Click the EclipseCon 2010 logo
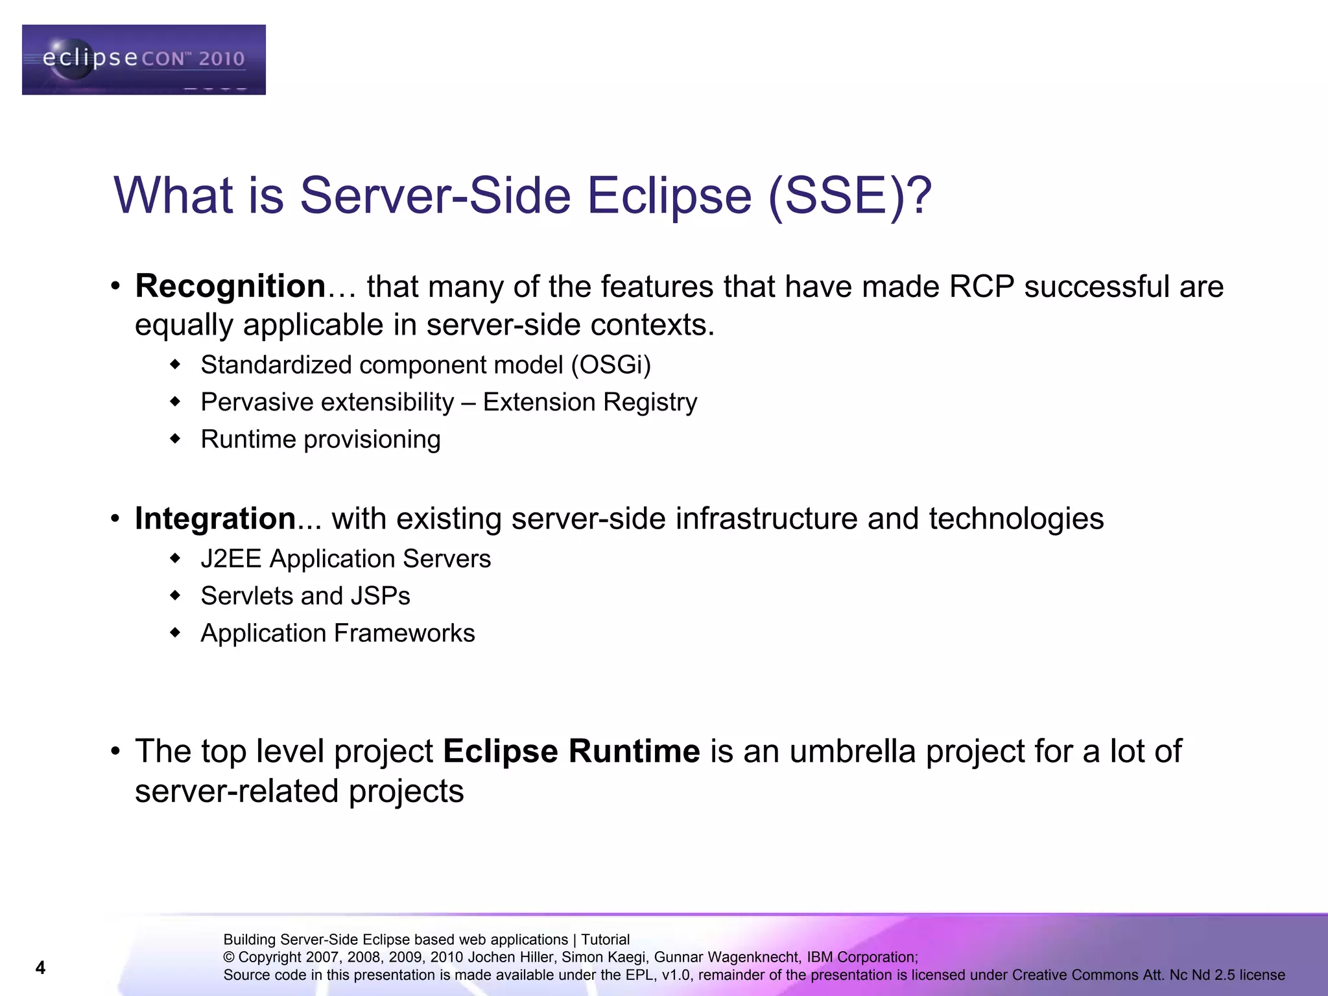pyautogui.click(x=143, y=60)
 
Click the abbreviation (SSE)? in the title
pyautogui.click(x=849, y=196)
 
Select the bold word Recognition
pyautogui.click(x=230, y=287)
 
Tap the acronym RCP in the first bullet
pyautogui.click(x=981, y=287)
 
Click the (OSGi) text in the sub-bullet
pyautogui.click(x=611, y=365)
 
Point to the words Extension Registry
pyautogui.click(x=590, y=402)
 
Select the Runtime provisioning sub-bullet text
pyautogui.click(x=320, y=440)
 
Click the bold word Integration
pyautogui.click(x=215, y=519)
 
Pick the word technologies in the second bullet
pyautogui.click(x=1016, y=519)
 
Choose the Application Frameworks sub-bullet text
pyautogui.click(x=337, y=634)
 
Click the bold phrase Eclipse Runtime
pyautogui.click(x=571, y=752)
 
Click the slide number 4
pyautogui.click(x=40, y=967)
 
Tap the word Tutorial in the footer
pyautogui.click(x=605, y=940)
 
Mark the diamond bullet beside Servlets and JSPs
pyautogui.click(x=174, y=595)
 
